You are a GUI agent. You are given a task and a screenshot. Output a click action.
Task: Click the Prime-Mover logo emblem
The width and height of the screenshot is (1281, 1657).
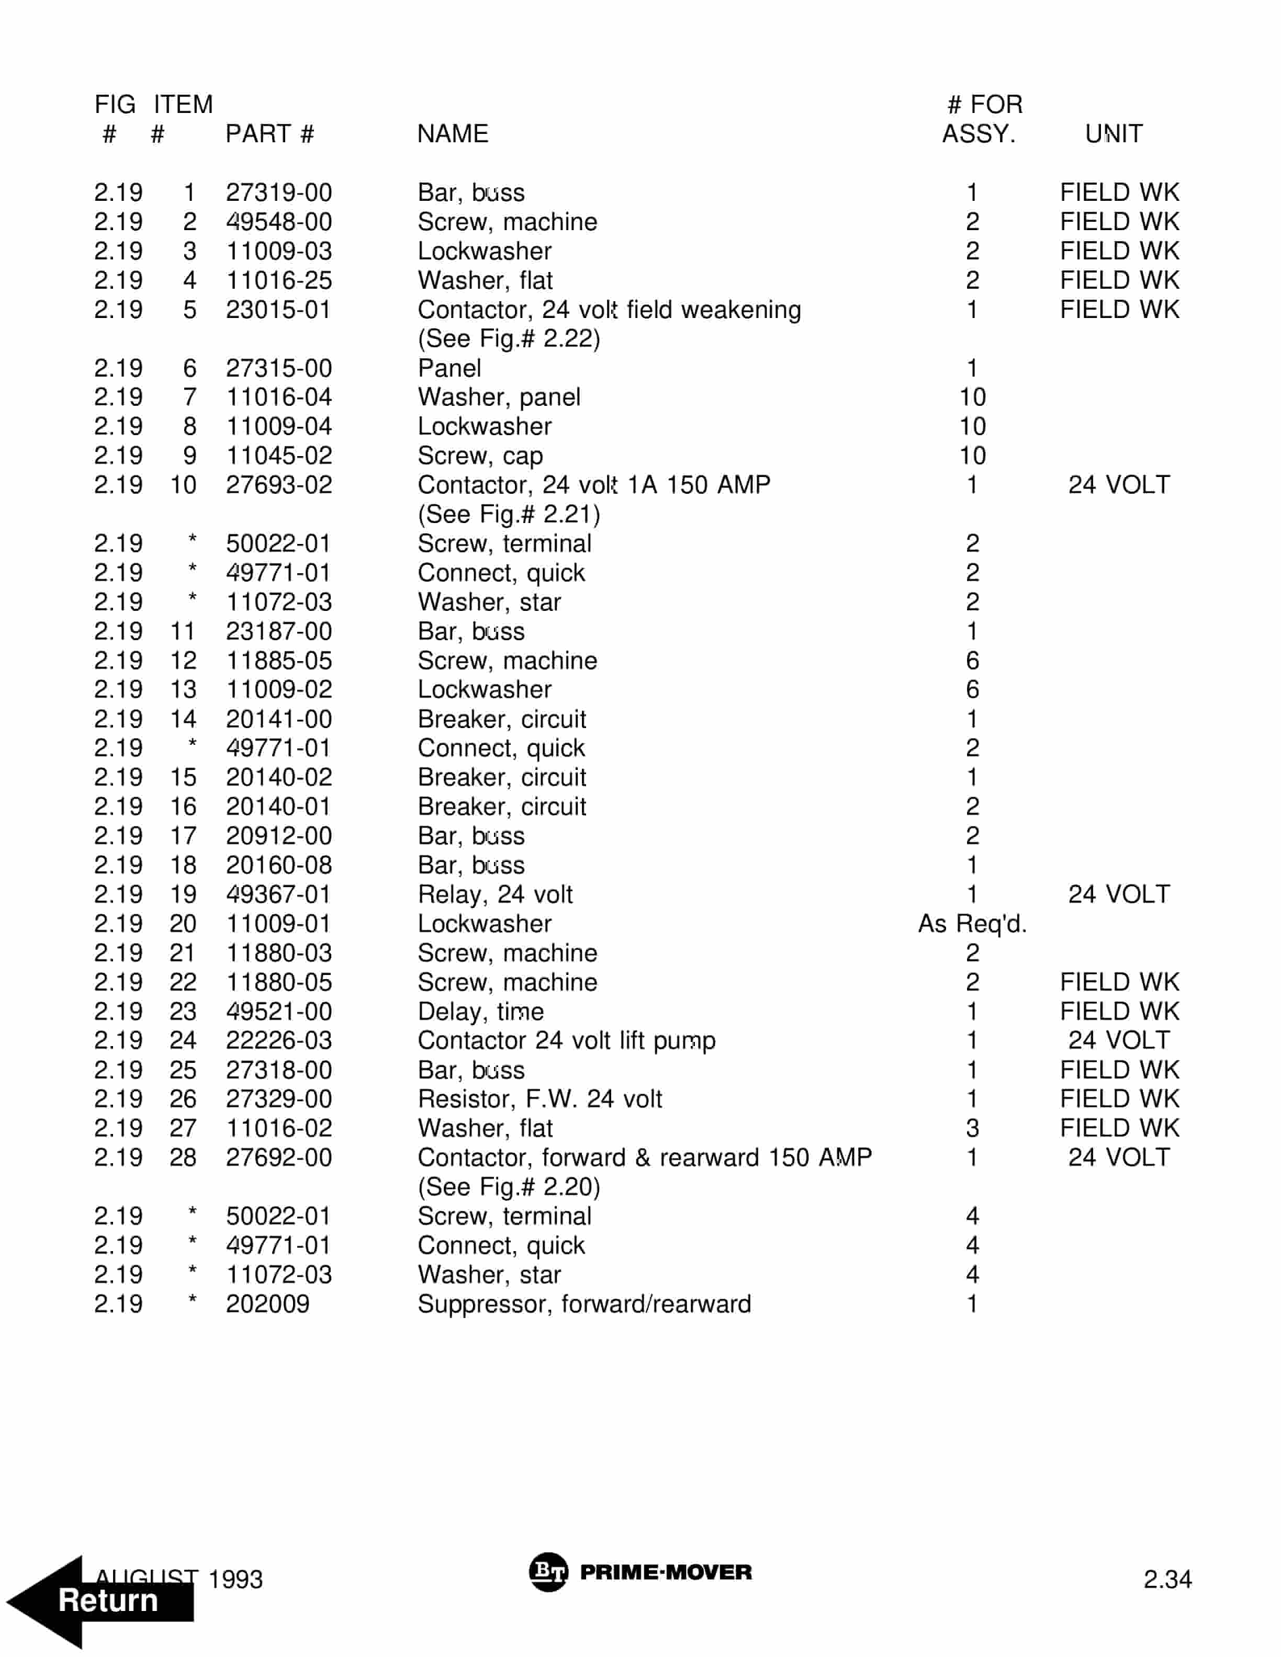[547, 1572]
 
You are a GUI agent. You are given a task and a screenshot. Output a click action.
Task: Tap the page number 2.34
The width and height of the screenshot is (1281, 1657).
[1167, 1580]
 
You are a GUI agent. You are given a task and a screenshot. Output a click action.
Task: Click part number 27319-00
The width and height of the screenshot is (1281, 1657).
[278, 192]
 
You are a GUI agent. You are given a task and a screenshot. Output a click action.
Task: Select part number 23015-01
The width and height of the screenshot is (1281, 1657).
[278, 310]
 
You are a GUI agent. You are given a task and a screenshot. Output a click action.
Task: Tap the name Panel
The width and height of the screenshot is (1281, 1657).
[450, 368]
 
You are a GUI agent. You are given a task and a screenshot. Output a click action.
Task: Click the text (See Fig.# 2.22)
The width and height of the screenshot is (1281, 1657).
[509, 338]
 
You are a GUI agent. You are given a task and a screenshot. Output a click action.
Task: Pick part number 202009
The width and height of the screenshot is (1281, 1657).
[267, 1303]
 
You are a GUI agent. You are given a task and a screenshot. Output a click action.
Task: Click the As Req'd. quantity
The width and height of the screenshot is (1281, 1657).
[971, 923]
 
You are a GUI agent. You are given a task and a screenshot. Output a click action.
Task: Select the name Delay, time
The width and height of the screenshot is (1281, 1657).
[480, 1012]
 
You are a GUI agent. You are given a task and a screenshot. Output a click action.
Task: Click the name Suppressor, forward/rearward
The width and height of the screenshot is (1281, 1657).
[583, 1303]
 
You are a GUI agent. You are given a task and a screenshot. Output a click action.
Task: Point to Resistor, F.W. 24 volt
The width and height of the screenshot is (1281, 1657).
[540, 1098]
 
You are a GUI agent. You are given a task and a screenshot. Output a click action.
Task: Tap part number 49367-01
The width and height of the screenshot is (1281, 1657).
[278, 894]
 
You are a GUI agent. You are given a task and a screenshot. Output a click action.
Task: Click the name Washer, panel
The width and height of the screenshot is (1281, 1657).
[499, 397]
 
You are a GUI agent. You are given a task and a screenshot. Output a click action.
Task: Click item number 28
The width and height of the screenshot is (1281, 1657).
[183, 1157]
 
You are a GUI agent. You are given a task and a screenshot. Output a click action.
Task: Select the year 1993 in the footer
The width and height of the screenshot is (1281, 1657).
[235, 1580]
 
